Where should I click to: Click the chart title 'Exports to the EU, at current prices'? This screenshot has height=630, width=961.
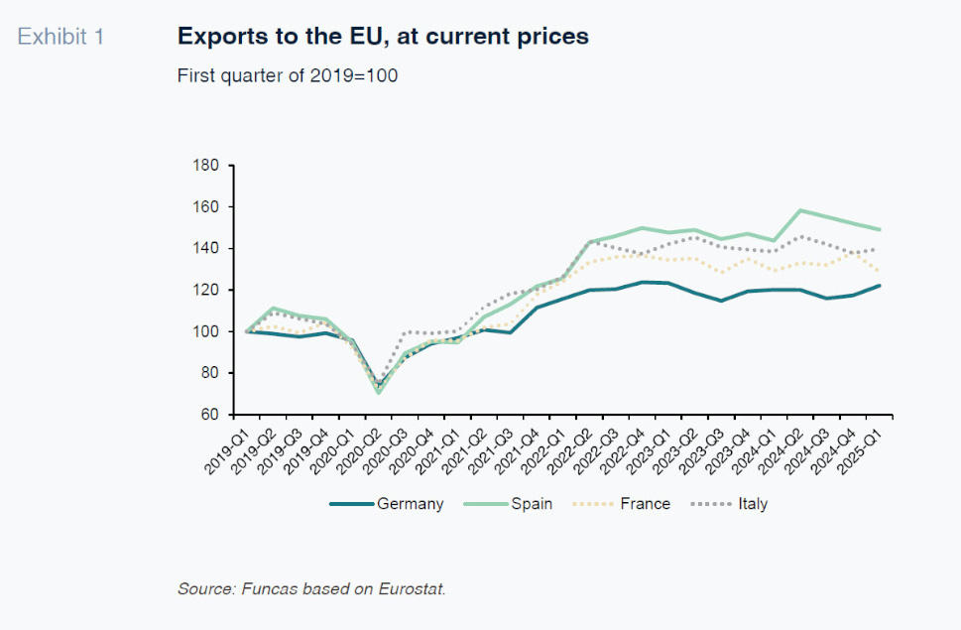[383, 37]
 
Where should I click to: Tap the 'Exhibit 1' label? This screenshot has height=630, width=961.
[60, 38]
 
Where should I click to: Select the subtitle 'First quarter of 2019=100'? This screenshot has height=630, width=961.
[288, 75]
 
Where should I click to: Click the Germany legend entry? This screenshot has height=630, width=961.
[410, 504]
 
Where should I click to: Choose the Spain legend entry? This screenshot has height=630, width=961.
[532, 504]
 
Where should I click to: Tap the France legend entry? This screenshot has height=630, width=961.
[645, 504]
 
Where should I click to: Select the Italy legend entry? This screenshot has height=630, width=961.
[753, 504]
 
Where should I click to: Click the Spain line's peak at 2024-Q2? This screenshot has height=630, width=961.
[799, 210]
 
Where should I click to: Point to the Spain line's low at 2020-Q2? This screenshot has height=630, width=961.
[379, 393]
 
